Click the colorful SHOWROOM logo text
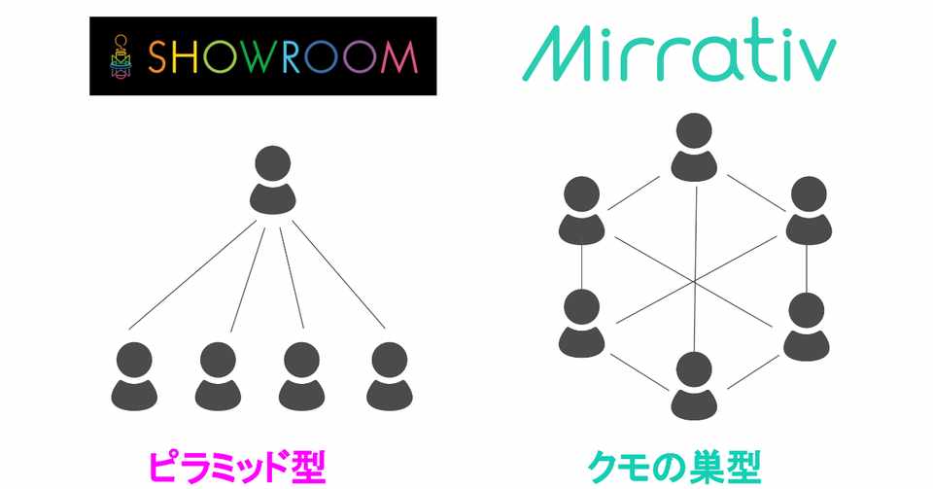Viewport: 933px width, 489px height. pyautogui.click(x=282, y=57)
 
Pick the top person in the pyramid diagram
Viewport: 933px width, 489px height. pyautogui.click(x=273, y=180)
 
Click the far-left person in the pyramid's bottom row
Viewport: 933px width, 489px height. pyautogui.click(x=133, y=374)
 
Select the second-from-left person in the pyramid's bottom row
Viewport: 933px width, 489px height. pyautogui.click(x=219, y=374)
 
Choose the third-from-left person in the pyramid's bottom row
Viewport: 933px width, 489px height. pyautogui.click(x=302, y=374)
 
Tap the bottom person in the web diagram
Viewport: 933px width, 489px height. pyautogui.click(x=693, y=386)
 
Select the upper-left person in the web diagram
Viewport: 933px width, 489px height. pyautogui.click(x=581, y=209)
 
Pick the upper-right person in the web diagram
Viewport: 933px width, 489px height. pyautogui.click(x=808, y=209)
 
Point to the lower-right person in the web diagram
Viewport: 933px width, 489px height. pyautogui.click(x=807, y=325)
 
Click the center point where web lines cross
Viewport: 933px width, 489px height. pyautogui.click(x=694, y=282)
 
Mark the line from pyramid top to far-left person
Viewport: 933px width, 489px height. pyautogui.click(x=194, y=274)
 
